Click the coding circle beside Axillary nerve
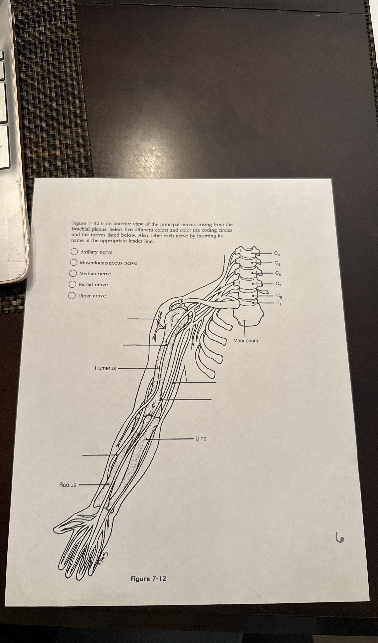point(74,252)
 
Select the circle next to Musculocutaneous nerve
point(74,262)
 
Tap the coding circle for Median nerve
point(73,273)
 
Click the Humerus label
point(105,368)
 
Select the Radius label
point(68,485)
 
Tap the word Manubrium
point(246,341)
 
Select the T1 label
point(280,303)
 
